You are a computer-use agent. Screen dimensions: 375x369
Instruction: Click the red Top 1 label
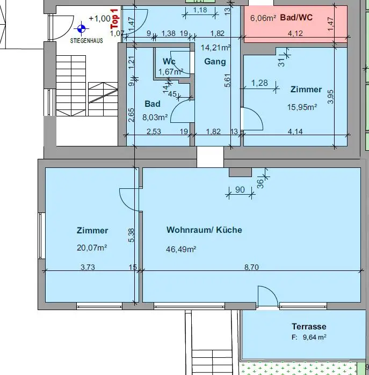(114, 19)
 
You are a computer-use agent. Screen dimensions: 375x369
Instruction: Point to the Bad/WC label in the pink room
(296, 17)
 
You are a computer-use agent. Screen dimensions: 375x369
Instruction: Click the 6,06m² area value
(263, 18)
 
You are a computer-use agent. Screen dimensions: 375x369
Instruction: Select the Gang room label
(215, 62)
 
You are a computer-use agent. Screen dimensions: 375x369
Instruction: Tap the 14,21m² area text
(215, 47)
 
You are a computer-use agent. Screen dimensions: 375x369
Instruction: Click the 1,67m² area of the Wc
(171, 71)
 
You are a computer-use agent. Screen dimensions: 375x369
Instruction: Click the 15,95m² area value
(302, 107)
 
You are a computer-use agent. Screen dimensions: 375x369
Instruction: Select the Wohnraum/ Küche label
(204, 230)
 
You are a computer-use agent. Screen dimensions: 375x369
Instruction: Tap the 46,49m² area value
(181, 249)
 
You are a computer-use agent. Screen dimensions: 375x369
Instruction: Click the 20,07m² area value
(92, 247)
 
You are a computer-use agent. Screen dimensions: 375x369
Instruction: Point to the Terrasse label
(309, 326)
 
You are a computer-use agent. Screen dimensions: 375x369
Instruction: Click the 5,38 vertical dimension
(132, 234)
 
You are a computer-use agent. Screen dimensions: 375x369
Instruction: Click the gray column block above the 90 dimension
(240, 172)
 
